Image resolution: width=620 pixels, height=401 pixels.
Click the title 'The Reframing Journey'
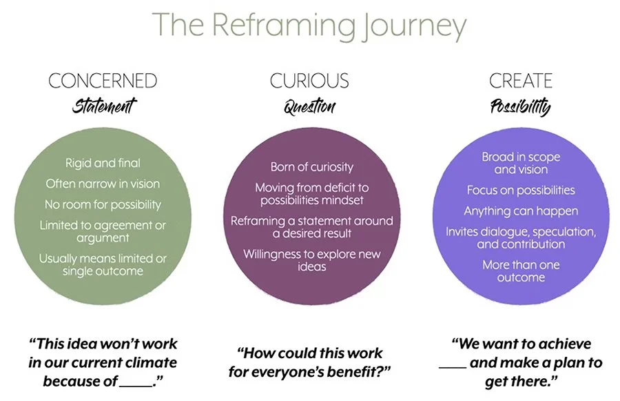[x=309, y=26]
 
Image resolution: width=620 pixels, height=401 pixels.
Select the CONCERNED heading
[x=103, y=81]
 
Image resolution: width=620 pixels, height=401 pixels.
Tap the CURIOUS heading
[x=309, y=81]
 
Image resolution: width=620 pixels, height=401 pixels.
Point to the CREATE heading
[x=520, y=81]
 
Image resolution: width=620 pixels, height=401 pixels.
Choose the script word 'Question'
[x=309, y=107]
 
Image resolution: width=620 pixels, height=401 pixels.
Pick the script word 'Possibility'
[x=520, y=107]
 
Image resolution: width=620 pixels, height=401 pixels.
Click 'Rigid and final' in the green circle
[x=103, y=164]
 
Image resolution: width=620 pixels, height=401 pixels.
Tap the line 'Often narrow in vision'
[x=103, y=184]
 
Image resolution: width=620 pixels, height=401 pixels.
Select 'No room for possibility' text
[x=103, y=204]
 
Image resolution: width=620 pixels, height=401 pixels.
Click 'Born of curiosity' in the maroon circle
[x=312, y=167]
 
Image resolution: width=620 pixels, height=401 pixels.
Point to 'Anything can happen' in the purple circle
[x=521, y=211]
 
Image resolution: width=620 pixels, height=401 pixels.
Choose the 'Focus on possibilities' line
[x=521, y=190]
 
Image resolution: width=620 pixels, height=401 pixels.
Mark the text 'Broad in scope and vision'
[x=521, y=164]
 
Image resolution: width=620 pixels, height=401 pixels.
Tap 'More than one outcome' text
[x=521, y=271]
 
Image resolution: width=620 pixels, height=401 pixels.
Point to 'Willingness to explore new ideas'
[x=312, y=260]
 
